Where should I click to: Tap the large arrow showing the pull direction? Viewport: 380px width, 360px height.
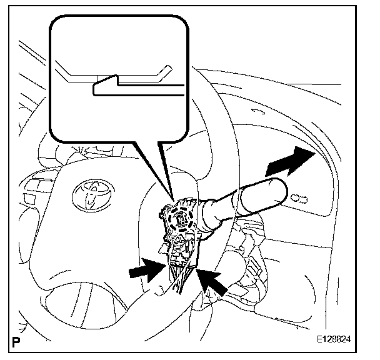[289, 162]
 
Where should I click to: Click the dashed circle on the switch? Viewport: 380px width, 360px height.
[181, 219]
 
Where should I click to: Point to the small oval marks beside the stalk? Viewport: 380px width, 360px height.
[300, 199]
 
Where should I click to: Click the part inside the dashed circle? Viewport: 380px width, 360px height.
[181, 219]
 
